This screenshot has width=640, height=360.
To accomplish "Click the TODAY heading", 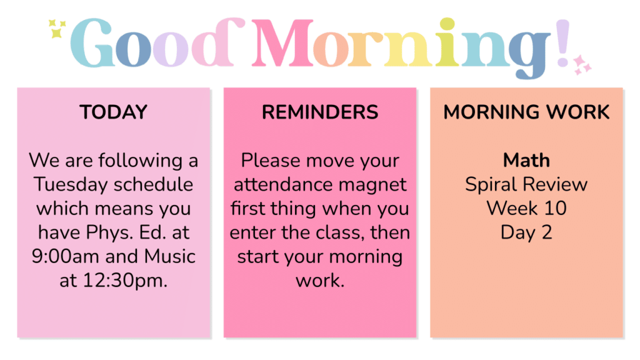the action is tap(114, 112).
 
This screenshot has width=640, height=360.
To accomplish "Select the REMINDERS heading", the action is tap(320, 112).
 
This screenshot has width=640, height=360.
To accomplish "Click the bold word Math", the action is tap(526, 160).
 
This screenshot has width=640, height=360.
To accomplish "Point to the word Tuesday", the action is tap(71, 184).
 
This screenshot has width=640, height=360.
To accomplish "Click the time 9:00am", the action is tap(65, 256).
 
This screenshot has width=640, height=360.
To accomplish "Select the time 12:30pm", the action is tap(125, 281).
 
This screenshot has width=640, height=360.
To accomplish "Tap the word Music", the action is tap(170, 256).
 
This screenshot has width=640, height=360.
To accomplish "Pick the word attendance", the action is tap(282, 184).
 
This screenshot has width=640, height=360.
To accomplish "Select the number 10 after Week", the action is tap(555, 209).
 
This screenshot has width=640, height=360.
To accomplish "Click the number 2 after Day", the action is tap(547, 232).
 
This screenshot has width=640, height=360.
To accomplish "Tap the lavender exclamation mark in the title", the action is tap(562, 43).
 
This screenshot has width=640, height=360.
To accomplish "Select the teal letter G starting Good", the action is tap(91, 43).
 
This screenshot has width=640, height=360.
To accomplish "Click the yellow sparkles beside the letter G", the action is tap(57, 29).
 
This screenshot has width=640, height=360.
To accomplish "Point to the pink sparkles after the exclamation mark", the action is tap(582, 65).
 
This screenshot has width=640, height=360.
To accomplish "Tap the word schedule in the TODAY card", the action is tap(154, 184).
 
